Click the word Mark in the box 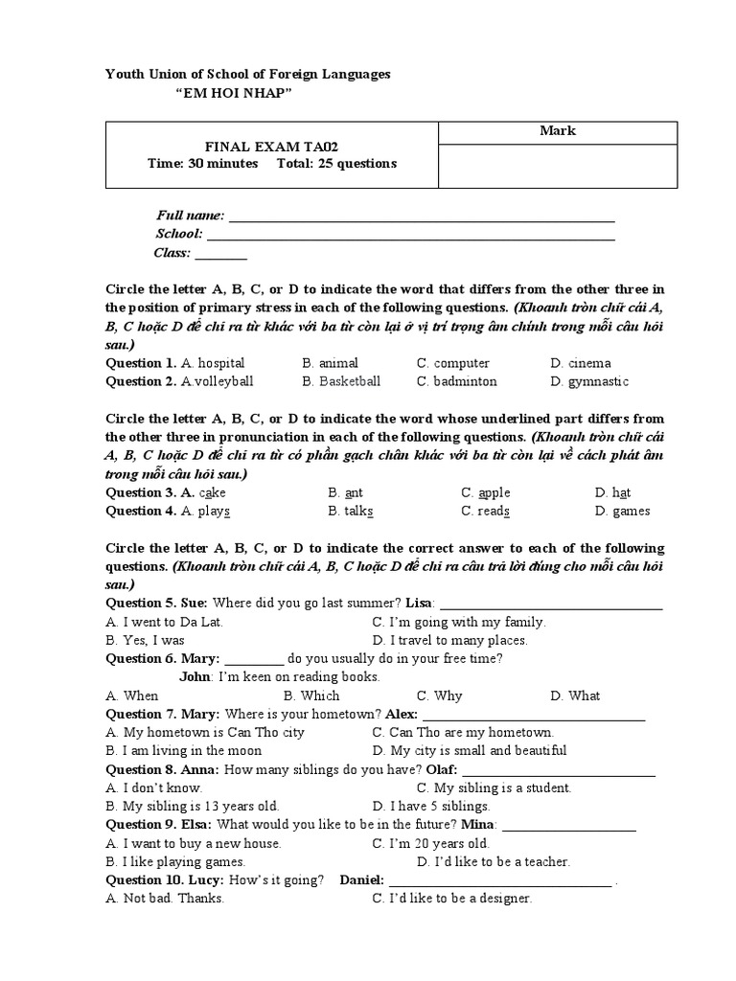coord(557,131)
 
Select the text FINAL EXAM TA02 coord(272,147)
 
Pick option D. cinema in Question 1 coord(581,363)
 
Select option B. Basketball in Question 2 coord(341,381)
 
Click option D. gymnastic coord(589,381)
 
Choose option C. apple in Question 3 coord(485,492)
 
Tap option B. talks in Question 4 coord(350,511)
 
